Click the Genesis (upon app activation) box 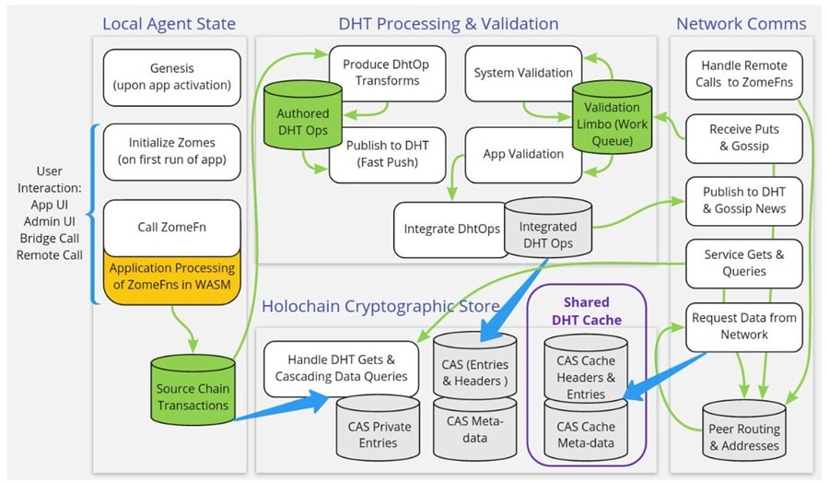pos(171,77)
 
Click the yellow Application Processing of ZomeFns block pos(171,277)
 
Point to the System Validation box pos(522,72)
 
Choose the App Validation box pos(522,154)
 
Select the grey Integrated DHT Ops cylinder pos(549,231)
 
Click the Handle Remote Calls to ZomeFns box pos(743,75)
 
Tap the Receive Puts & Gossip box pos(743,139)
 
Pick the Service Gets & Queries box pos(743,264)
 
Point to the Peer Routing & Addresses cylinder pos(744,432)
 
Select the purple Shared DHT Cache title pos(586,310)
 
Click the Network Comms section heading pos(741,24)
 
